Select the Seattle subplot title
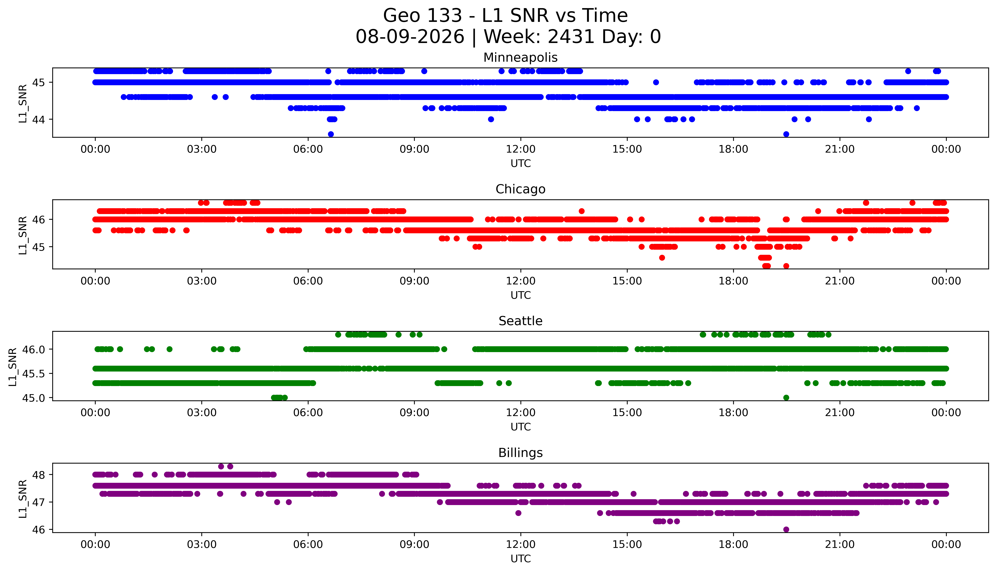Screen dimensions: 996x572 520,321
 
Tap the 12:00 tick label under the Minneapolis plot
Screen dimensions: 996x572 520,149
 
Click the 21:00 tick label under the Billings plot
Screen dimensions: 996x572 840,544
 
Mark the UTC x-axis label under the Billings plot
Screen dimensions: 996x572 520,558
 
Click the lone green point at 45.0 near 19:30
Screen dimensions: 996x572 786,398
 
